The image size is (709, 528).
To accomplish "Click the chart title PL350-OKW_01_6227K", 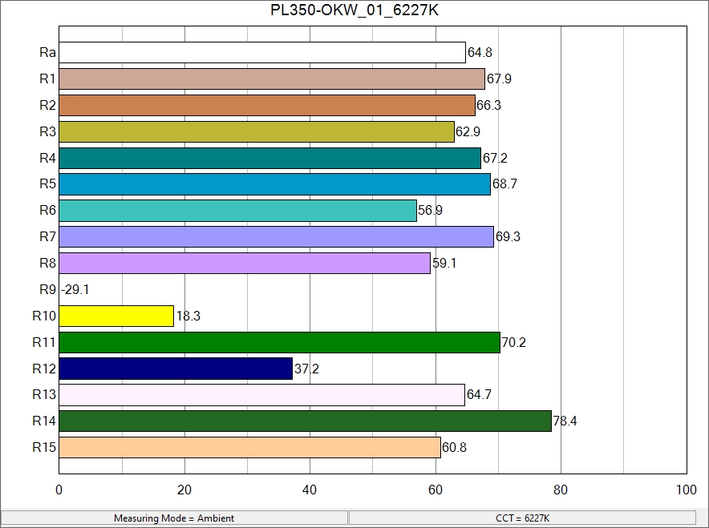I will pos(354,11).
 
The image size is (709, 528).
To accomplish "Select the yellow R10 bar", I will pos(116,316).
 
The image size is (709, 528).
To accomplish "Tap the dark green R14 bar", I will pos(305,421).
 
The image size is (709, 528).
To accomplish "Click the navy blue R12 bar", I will pos(176,369).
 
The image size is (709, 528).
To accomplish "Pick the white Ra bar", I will pos(262,53).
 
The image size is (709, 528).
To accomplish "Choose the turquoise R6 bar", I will pos(237,211).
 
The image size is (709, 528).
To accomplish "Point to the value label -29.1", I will pos(75,290).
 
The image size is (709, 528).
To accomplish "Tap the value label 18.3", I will pos(188,316).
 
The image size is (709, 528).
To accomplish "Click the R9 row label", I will pos(47,289).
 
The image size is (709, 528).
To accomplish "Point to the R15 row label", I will pos(44,447).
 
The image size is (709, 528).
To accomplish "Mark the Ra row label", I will pos(47,53).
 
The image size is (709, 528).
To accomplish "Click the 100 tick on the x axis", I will pos(686,490).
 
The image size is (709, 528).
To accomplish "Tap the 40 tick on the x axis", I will pos(310,490).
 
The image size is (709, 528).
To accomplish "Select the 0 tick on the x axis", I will pos(59,490).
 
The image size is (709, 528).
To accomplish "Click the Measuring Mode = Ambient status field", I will pos(174,518).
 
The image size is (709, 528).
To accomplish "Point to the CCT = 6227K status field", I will pos(523,518).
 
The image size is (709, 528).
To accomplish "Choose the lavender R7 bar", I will pos(276,236).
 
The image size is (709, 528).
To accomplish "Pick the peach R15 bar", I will pos(249,447).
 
